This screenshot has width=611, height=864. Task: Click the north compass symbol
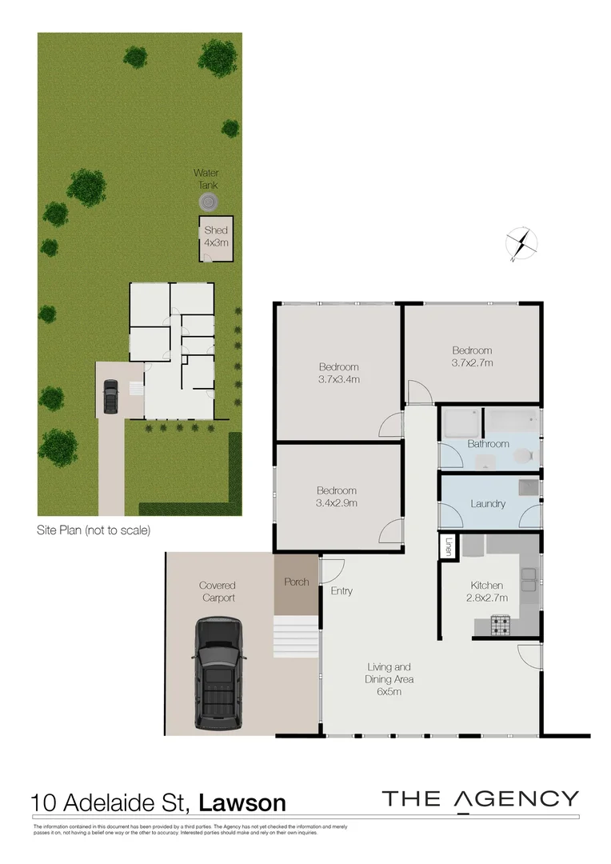click(x=521, y=243)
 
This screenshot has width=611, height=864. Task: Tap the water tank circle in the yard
click(x=208, y=202)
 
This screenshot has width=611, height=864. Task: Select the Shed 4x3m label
click(x=216, y=236)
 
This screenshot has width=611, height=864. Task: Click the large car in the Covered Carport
click(x=217, y=673)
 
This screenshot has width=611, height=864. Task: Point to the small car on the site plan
click(x=110, y=394)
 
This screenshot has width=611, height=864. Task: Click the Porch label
click(x=297, y=582)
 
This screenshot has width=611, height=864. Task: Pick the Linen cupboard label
click(x=448, y=546)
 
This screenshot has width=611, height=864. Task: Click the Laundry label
click(x=488, y=504)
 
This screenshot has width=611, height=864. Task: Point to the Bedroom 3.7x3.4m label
click(x=337, y=373)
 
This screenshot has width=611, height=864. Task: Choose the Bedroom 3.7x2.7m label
click(x=472, y=356)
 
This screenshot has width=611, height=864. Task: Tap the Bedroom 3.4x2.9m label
click(x=336, y=497)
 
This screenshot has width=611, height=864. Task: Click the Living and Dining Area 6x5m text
click(x=389, y=679)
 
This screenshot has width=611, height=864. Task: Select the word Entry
click(x=341, y=591)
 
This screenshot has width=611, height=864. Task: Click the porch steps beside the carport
click(x=297, y=636)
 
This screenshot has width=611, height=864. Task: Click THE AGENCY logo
click(x=480, y=799)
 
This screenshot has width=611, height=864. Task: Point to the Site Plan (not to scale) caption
click(x=94, y=530)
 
